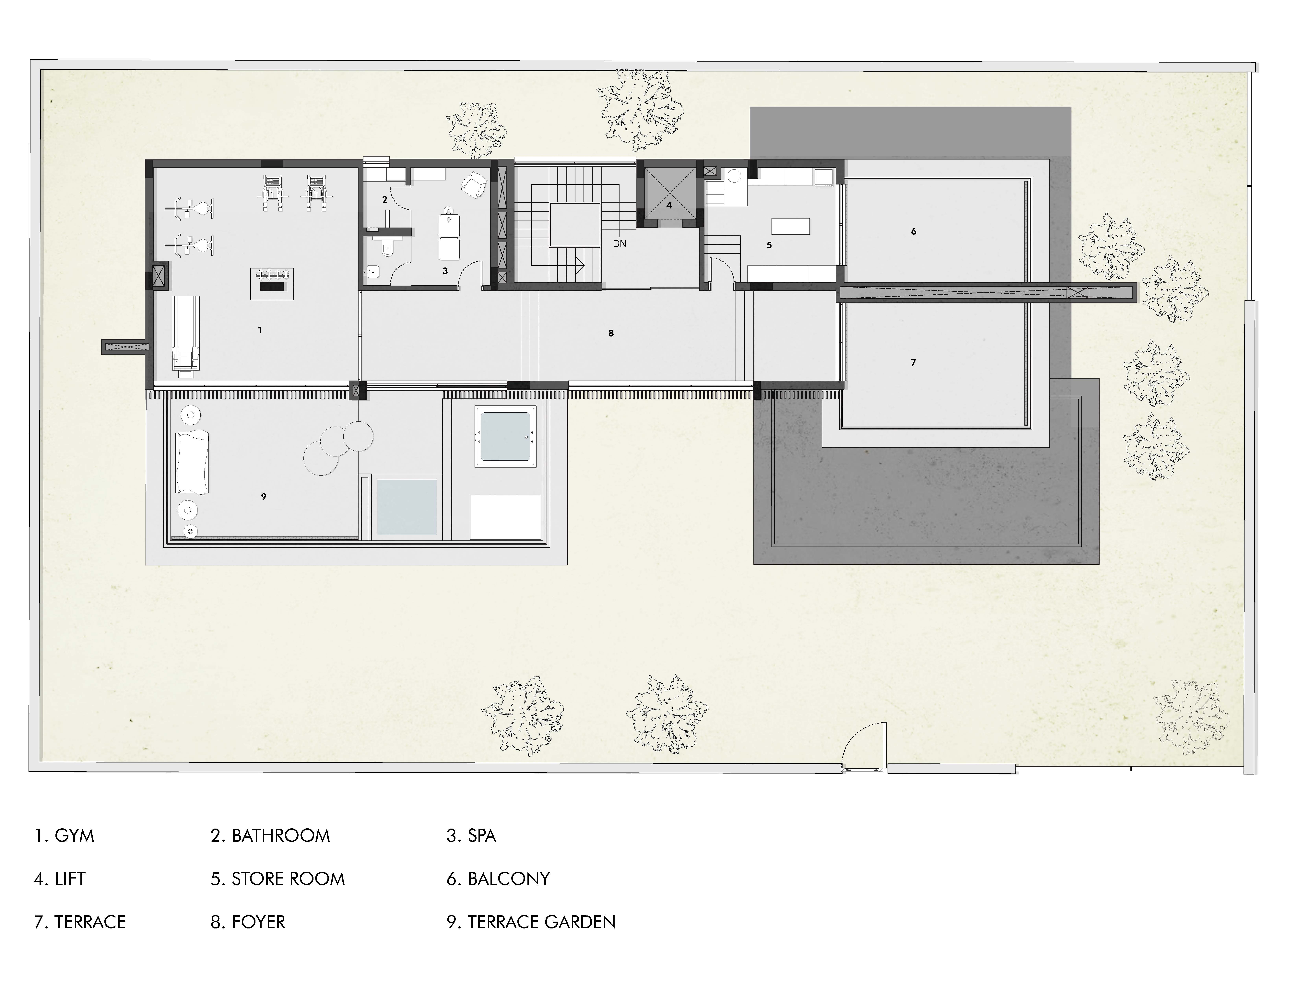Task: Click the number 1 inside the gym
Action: pyautogui.click(x=260, y=330)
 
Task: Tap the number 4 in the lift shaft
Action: pyautogui.click(x=669, y=206)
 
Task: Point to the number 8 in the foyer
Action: pyautogui.click(x=611, y=333)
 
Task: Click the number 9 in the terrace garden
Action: pyautogui.click(x=264, y=497)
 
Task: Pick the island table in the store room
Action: pyautogui.click(x=790, y=226)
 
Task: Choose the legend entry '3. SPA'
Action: pyautogui.click(x=471, y=835)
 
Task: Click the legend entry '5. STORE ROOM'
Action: pyautogui.click(x=277, y=879)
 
